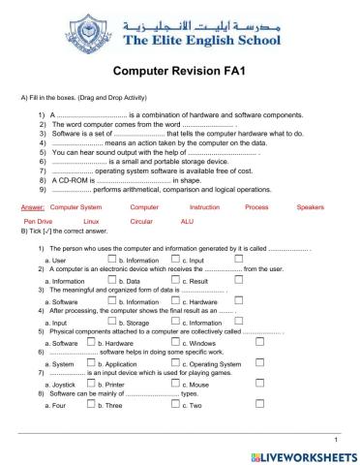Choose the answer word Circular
coord(141,222)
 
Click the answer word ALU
coord(188,222)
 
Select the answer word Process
coord(256,207)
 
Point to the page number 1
coord(333,437)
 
